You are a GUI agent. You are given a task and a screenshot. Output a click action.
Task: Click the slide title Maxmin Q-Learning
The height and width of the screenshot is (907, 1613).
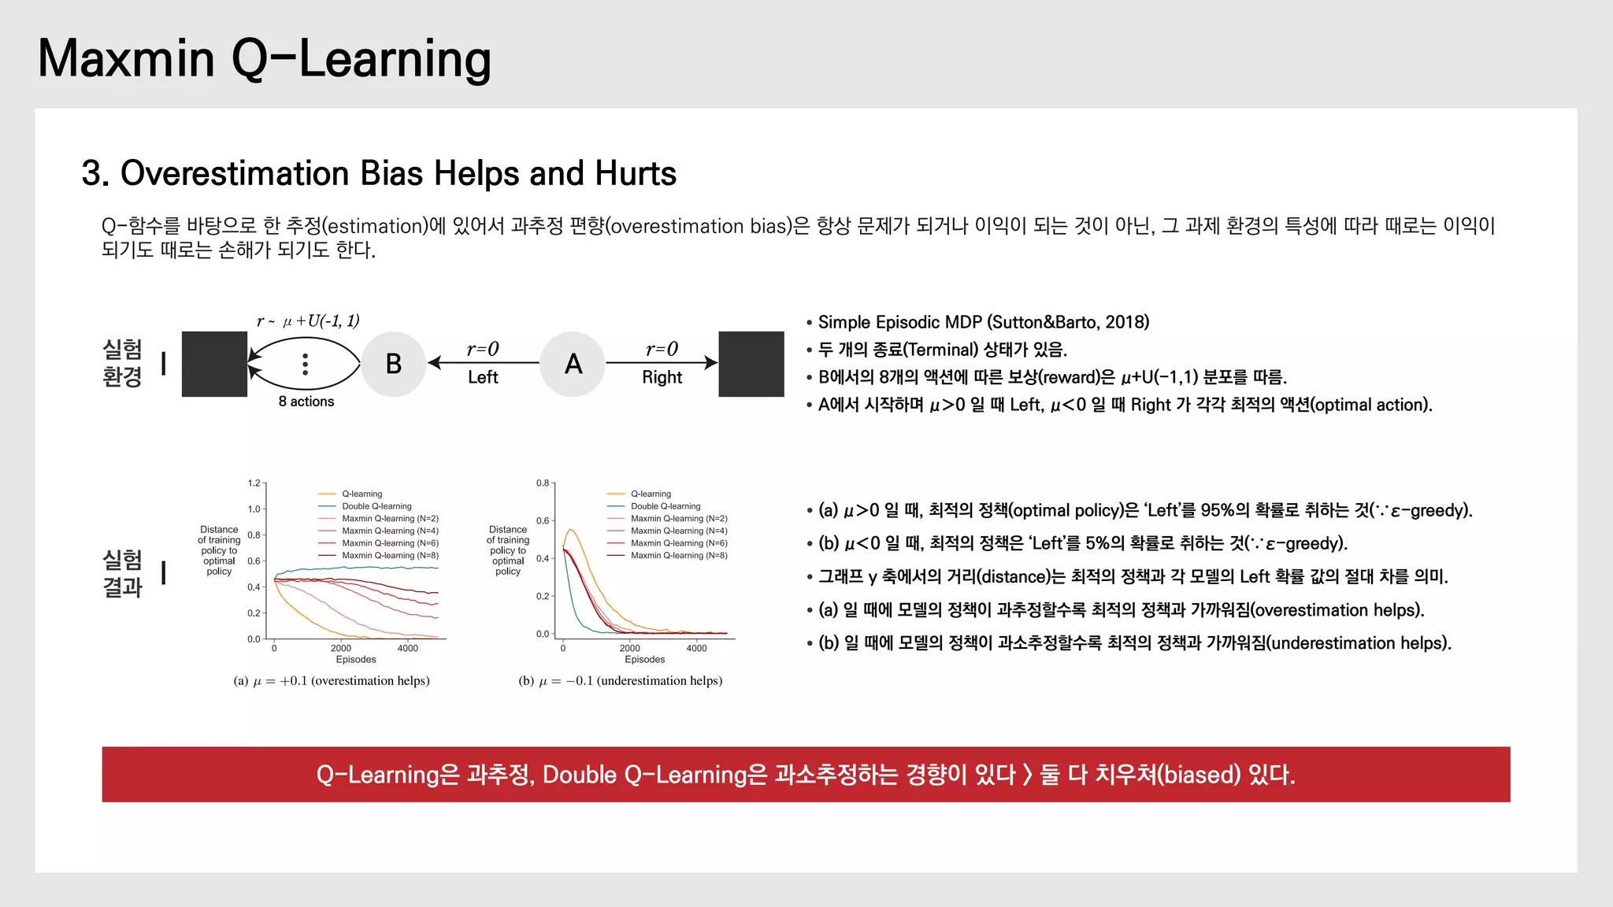[265, 59]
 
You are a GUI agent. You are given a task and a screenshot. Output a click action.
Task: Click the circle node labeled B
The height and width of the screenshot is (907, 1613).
[393, 364]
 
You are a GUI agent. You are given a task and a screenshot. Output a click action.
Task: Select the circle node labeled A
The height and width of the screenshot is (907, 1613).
[573, 364]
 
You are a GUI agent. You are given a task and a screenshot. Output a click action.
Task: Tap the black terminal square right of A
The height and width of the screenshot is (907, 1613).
[751, 364]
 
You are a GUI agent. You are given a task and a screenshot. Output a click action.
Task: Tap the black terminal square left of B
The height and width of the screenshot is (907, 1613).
[214, 364]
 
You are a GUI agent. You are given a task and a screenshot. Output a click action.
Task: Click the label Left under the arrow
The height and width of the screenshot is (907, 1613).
[482, 377]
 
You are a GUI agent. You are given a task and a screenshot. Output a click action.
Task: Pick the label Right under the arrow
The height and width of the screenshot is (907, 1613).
[662, 377]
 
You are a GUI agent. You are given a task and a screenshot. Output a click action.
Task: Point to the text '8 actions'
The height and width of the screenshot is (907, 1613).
[306, 402]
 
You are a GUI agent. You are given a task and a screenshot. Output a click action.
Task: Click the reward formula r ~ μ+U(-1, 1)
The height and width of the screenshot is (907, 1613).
[308, 320]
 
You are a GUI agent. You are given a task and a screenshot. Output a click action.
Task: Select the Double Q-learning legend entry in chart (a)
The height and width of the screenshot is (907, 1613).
[376, 506]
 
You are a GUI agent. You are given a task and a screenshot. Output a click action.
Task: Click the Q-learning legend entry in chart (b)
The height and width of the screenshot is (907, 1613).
[651, 494]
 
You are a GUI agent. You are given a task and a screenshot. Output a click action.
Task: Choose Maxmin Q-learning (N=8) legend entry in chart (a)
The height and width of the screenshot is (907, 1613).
[390, 555]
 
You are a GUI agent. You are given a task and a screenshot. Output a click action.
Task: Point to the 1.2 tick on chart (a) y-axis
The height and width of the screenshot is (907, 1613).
[254, 483]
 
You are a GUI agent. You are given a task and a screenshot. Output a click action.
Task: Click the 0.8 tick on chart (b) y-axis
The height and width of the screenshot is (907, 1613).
[543, 483]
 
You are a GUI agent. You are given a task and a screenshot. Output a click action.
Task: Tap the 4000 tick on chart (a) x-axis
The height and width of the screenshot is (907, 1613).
[407, 648]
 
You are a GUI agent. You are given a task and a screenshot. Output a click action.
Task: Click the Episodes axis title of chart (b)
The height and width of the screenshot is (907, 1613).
[644, 660]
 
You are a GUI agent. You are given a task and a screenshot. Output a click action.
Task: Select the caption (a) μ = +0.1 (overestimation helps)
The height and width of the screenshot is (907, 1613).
[332, 680]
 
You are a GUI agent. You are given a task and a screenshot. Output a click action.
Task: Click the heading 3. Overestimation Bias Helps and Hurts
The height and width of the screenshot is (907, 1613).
[379, 173]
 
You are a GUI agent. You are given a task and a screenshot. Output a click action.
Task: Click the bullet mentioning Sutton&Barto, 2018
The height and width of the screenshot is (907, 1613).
[983, 322]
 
